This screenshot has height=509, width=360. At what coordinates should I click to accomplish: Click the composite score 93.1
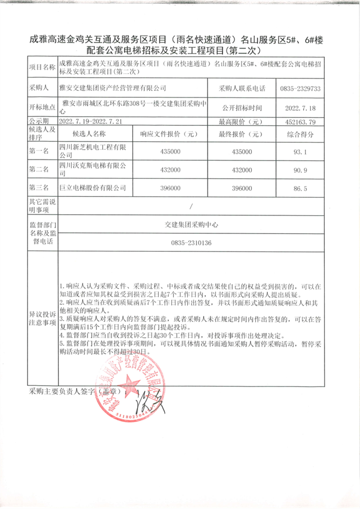point(300,152)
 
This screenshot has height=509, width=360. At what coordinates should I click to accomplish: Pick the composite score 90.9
point(300,170)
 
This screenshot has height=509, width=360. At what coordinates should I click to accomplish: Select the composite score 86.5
point(300,189)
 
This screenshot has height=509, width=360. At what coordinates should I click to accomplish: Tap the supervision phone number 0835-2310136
point(191,243)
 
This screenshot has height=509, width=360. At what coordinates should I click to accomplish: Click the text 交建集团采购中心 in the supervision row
point(191,225)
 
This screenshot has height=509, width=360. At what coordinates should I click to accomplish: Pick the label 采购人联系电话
point(242,89)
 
